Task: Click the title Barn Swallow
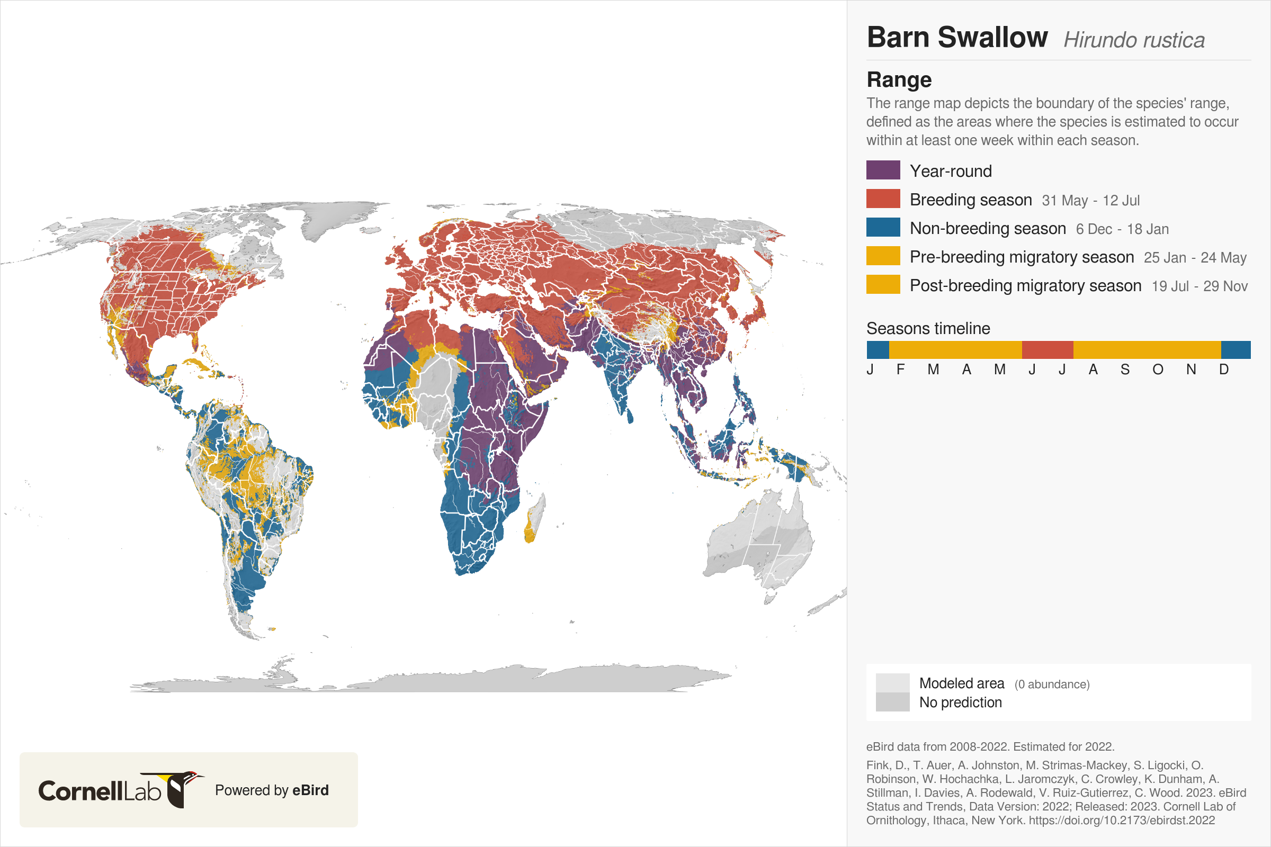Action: (956, 38)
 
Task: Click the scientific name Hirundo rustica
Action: (1134, 41)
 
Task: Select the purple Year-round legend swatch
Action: (883, 170)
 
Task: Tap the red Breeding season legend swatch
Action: (883, 199)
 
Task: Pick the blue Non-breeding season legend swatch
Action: (883, 228)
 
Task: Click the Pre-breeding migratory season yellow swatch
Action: (883, 256)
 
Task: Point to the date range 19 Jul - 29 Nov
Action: (1199, 286)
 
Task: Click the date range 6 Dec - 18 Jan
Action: (1122, 229)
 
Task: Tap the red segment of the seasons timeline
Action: (1048, 350)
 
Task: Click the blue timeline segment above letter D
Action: (1236, 350)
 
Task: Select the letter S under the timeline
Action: (1125, 370)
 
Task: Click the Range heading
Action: (899, 80)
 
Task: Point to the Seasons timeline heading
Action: (928, 328)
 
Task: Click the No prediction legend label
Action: (960, 702)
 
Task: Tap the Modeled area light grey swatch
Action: (892, 683)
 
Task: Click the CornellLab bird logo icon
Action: (181, 790)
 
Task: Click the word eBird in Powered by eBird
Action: (310, 790)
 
